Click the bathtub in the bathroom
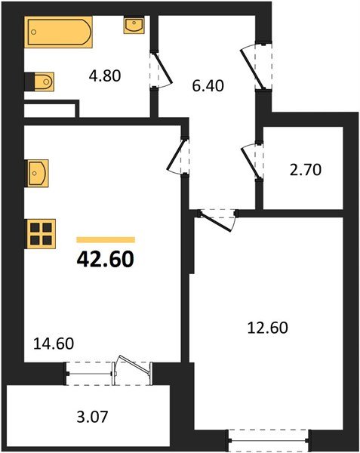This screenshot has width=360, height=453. [58, 33]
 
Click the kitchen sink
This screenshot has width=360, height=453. [38, 173]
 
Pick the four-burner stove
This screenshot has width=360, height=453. [42, 233]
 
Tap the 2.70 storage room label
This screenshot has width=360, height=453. [307, 169]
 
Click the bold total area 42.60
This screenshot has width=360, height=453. [105, 259]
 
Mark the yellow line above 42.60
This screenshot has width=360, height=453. [106, 239]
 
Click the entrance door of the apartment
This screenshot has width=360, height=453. [257, 61]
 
